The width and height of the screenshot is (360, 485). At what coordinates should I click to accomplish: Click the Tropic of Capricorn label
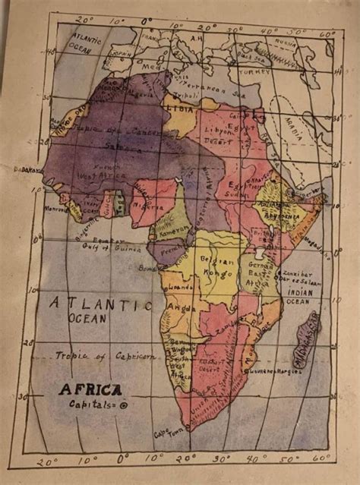105,355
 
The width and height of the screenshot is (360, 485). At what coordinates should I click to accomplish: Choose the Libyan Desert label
217,137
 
